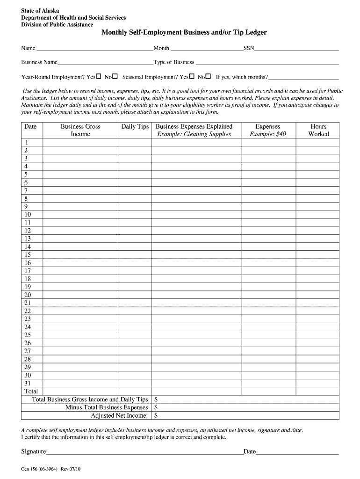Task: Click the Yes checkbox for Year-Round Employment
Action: pyautogui.click(x=99, y=76)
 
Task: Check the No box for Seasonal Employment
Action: pyautogui.click(x=208, y=76)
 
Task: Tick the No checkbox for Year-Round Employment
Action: pyautogui.click(x=115, y=76)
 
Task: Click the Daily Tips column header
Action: pyautogui.click(x=135, y=126)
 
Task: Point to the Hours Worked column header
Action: pyautogui.click(x=318, y=130)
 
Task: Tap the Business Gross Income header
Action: pyautogui.click(x=80, y=130)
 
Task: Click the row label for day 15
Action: pyautogui.click(x=27, y=255)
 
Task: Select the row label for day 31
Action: pyautogui.click(x=27, y=383)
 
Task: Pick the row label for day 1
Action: pyautogui.click(x=27, y=142)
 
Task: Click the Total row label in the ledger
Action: pyautogui.click(x=31, y=391)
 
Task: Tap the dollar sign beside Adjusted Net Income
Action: pyautogui.click(x=156, y=415)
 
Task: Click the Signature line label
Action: pyautogui.click(x=33, y=452)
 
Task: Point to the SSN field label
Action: pyautogui.click(x=248, y=48)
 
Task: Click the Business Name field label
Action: pyautogui.click(x=39, y=62)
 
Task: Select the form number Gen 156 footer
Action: pyautogui.click(x=51, y=470)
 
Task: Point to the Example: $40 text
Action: pyautogui.click(x=268, y=134)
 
